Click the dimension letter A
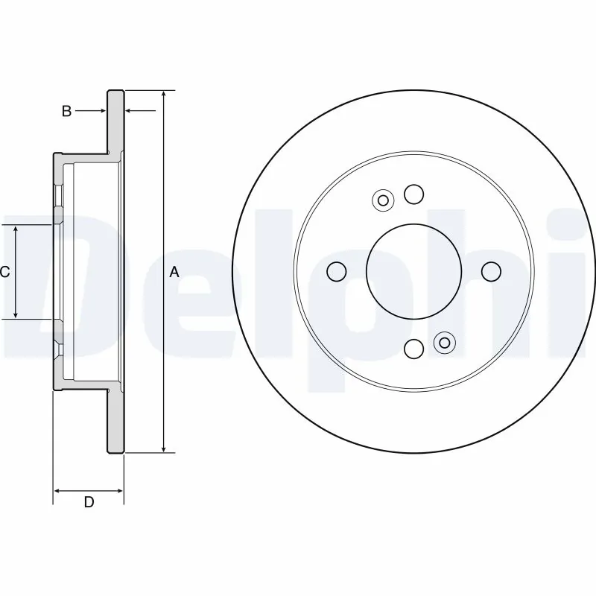(174, 273)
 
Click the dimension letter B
(66, 111)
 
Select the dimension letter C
(4, 273)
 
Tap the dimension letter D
(89, 503)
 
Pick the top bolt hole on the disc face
(413, 194)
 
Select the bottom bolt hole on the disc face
(413, 348)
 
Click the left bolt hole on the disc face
(337, 272)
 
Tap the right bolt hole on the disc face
(490, 272)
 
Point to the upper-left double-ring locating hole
(383, 200)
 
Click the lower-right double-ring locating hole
(444, 343)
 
